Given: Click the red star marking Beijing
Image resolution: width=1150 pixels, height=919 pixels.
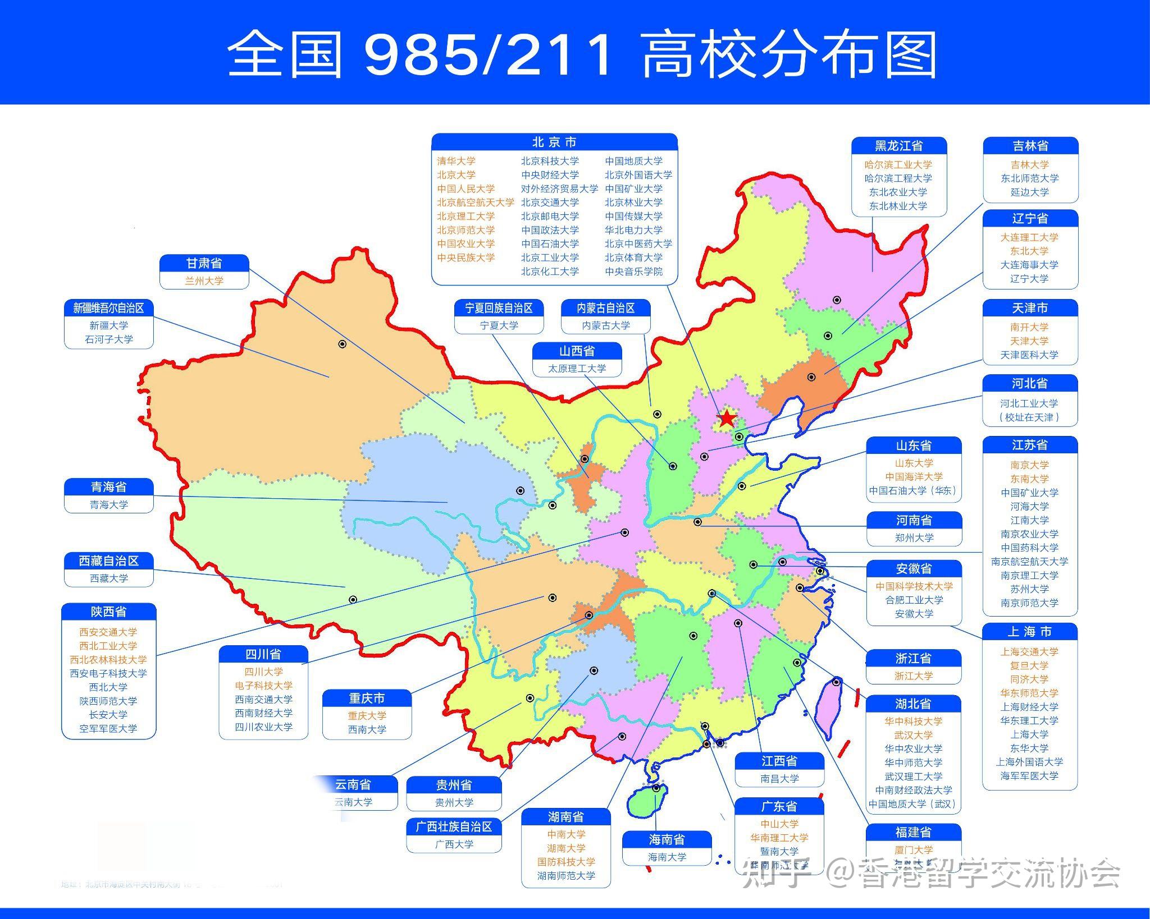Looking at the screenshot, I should click(x=727, y=418).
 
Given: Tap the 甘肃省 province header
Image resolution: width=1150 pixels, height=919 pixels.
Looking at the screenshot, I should click(x=204, y=263).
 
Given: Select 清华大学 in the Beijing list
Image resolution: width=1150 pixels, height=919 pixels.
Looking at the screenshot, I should click(x=456, y=161).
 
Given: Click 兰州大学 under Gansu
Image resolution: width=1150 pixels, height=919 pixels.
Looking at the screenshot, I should click(x=204, y=281).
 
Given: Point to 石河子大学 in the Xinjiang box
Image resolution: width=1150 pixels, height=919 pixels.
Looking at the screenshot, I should click(x=109, y=339).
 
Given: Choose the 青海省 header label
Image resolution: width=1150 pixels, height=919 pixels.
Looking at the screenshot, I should click(x=108, y=486).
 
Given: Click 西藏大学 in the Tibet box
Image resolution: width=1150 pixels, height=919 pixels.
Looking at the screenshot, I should click(x=109, y=578).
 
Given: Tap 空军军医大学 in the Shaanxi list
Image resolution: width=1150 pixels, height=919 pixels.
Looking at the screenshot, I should click(x=108, y=728).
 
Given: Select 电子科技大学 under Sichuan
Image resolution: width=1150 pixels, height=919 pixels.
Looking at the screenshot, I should click(x=263, y=686).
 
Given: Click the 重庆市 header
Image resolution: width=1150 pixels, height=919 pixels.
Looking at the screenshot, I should click(x=367, y=699).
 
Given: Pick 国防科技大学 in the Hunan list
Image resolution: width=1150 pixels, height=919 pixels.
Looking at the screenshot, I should click(x=565, y=862).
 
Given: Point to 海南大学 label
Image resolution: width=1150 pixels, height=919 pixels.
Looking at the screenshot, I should click(x=667, y=857).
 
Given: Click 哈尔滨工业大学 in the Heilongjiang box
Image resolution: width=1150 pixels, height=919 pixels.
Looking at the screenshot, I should click(x=898, y=164).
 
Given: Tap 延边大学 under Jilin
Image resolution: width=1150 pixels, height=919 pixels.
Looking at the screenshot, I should click(x=1030, y=192).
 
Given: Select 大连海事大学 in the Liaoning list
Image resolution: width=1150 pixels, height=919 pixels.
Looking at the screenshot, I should click(x=1029, y=265).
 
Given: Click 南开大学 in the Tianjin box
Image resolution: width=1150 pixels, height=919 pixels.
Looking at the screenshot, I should click(x=1029, y=327).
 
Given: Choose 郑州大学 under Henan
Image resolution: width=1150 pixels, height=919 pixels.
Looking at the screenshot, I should click(x=914, y=537).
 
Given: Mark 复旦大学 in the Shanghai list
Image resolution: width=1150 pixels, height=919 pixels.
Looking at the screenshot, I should click(x=1029, y=665).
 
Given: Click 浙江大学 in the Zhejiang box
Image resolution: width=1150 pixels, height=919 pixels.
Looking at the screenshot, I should click(x=914, y=676).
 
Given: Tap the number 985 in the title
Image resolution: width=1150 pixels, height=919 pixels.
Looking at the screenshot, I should click(x=421, y=55).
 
